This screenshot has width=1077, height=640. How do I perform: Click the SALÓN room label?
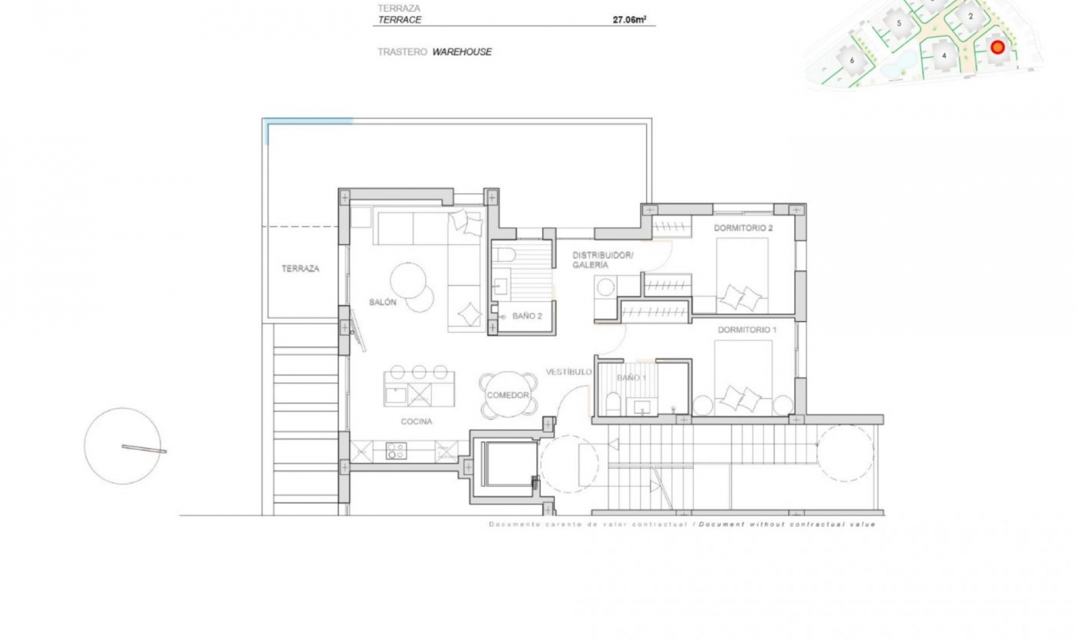point(383,302)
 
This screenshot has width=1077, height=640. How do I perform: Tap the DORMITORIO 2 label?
point(743,228)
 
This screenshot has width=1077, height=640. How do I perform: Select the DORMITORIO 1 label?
point(747,330)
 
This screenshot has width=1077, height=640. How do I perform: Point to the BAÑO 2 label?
point(527,316)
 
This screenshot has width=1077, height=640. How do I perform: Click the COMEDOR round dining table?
point(508,395)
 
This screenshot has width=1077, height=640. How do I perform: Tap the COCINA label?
point(416,422)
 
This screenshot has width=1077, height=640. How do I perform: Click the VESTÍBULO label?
point(569,372)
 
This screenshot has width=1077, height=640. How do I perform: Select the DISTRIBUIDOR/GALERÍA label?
point(602,259)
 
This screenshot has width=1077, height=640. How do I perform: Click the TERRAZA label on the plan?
point(300,268)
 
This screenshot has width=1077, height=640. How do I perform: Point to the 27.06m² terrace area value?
point(629,20)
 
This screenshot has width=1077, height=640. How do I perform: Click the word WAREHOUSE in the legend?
point(462,52)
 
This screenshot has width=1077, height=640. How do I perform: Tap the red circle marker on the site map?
point(997,47)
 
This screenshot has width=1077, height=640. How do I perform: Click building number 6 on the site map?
point(852,60)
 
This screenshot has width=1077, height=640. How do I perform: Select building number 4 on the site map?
point(944,56)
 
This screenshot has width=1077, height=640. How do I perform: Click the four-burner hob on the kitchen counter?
point(396,451)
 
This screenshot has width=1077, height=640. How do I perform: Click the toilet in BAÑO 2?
point(505,254)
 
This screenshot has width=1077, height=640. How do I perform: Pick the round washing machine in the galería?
point(605,287)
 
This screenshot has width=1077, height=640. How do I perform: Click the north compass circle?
point(122,446)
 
